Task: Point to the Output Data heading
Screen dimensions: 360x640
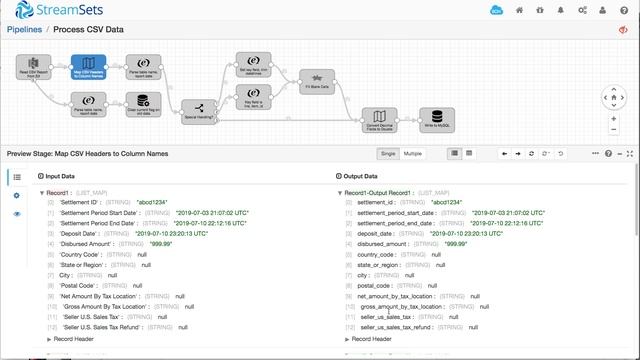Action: pyautogui.click(x=367, y=175)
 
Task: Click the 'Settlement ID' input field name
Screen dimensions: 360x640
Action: pyautogui.click(x=78, y=202)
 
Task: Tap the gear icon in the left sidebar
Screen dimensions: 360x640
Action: pyautogui.click(x=16, y=195)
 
